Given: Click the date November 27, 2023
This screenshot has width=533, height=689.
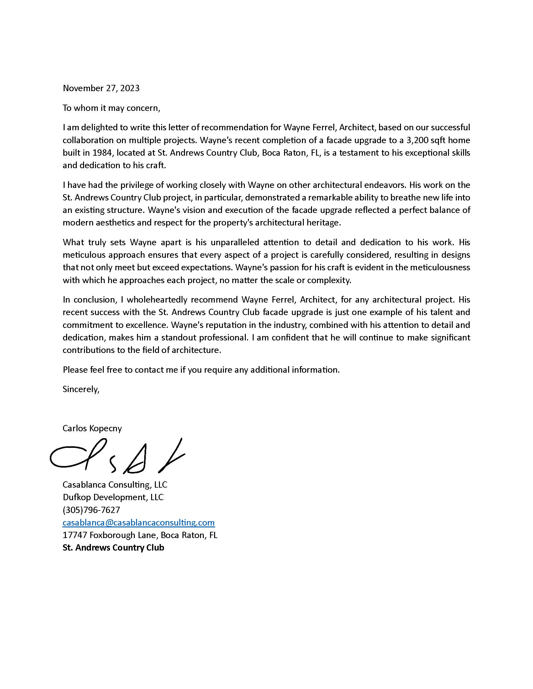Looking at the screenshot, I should [x=101, y=88].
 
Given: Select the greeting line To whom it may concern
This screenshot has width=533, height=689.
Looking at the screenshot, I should [x=112, y=108].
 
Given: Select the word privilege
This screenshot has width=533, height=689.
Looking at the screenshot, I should [x=124, y=185].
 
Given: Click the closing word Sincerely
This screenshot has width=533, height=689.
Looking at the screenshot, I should [x=81, y=389].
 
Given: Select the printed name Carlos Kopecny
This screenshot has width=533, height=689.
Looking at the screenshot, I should [x=92, y=428].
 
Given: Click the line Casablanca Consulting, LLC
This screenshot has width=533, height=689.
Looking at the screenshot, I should [x=115, y=484].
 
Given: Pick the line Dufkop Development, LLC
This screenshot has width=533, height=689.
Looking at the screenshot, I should [x=113, y=497].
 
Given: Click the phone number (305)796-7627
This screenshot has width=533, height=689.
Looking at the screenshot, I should [x=91, y=510].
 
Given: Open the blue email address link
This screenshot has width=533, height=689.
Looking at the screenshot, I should [x=139, y=523].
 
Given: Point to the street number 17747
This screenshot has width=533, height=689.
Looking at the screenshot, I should [x=75, y=535].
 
